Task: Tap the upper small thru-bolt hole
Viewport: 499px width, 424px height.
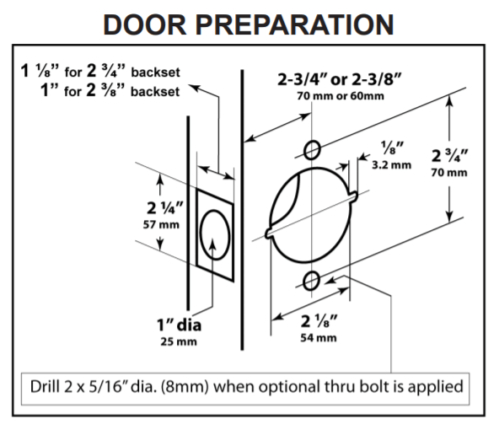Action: [x=311, y=150]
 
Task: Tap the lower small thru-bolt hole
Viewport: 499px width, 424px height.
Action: [x=311, y=280]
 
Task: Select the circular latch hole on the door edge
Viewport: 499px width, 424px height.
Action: [x=214, y=233]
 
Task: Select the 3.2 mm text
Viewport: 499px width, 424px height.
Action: [x=391, y=164]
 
